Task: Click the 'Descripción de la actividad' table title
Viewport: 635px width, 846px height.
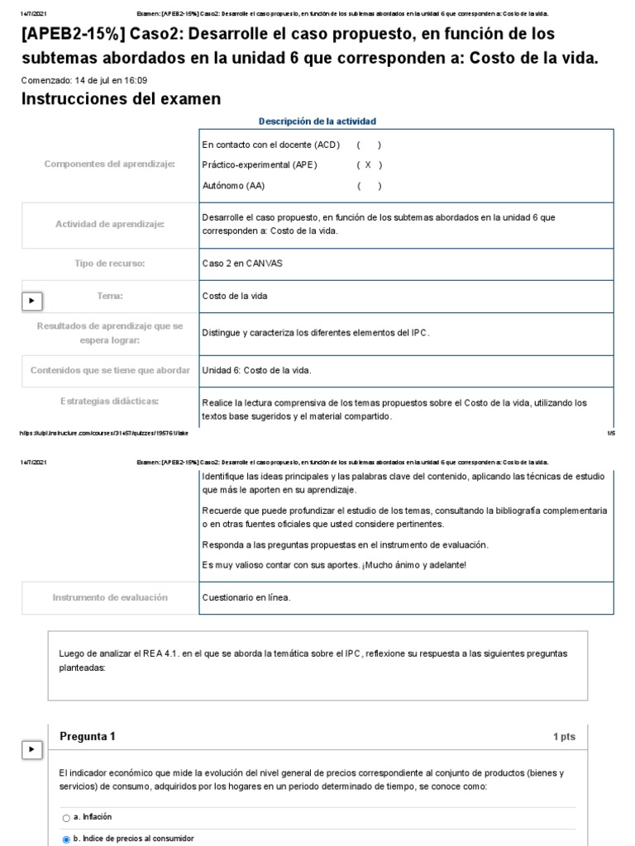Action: pyautogui.click(x=317, y=121)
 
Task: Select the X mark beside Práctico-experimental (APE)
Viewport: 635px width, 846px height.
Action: pyautogui.click(x=368, y=164)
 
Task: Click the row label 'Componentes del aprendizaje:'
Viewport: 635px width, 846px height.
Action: pyautogui.click(x=109, y=164)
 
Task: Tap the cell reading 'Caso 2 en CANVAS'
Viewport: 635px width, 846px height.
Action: pyautogui.click(x=235, y=264)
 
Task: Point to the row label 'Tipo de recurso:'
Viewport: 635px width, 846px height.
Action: pyautogui.click(x=109, y=264)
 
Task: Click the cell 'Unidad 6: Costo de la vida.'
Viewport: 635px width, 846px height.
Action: pyautogui.click(x=257, y=370)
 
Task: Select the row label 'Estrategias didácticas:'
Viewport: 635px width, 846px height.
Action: pyautogui.click(x=109, y=402)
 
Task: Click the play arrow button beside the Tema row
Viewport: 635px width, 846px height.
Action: pyautogui.click(x=31, y=302)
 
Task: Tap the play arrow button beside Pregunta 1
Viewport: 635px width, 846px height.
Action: pyautogui.click(x=31, y=749)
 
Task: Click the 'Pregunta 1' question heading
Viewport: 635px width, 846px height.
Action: pyautogui.click(x=88, y=737)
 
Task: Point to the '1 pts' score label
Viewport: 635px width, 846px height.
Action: pyautogui.click(x=564, y=737)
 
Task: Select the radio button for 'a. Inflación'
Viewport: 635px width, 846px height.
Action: pyautogui.click(x=66, y=818)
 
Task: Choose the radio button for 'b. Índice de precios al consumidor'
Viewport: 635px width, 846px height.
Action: pyautogui.click(x=66, y=839)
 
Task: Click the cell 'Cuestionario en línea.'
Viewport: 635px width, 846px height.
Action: pyautogui.click(x=246, y=597)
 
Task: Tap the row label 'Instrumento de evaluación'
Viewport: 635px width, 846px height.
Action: pyautogui.click(x=109, y=597)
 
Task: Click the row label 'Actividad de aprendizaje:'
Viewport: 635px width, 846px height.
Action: pyautogui.click(x=109, y=224)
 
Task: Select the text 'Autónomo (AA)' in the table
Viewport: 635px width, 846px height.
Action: pyautogui.click(x=233, y=186)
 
